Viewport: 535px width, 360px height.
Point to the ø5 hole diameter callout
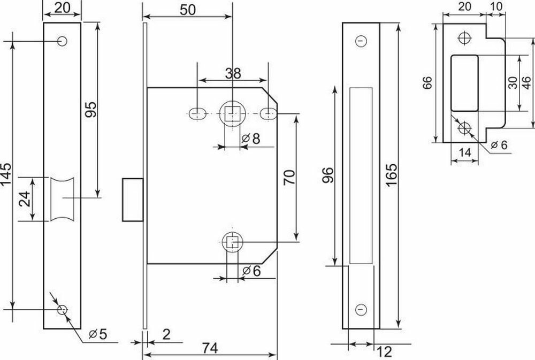pyautogui.click(x=96, y=335)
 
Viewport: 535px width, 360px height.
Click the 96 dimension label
pyautogui.click(x=328, y=175)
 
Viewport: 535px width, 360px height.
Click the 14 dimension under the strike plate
pyautogui.click(x=465, y=152)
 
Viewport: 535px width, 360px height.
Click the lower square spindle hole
pyautogui.click(x=232, y=242)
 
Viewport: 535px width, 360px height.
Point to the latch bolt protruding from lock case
pyautogui.click(x=132, y=199)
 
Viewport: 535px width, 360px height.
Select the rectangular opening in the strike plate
pyautogui.click(x=465, y=81)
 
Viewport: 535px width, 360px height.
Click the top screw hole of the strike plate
pyautogui.click(x=464, y=38)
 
